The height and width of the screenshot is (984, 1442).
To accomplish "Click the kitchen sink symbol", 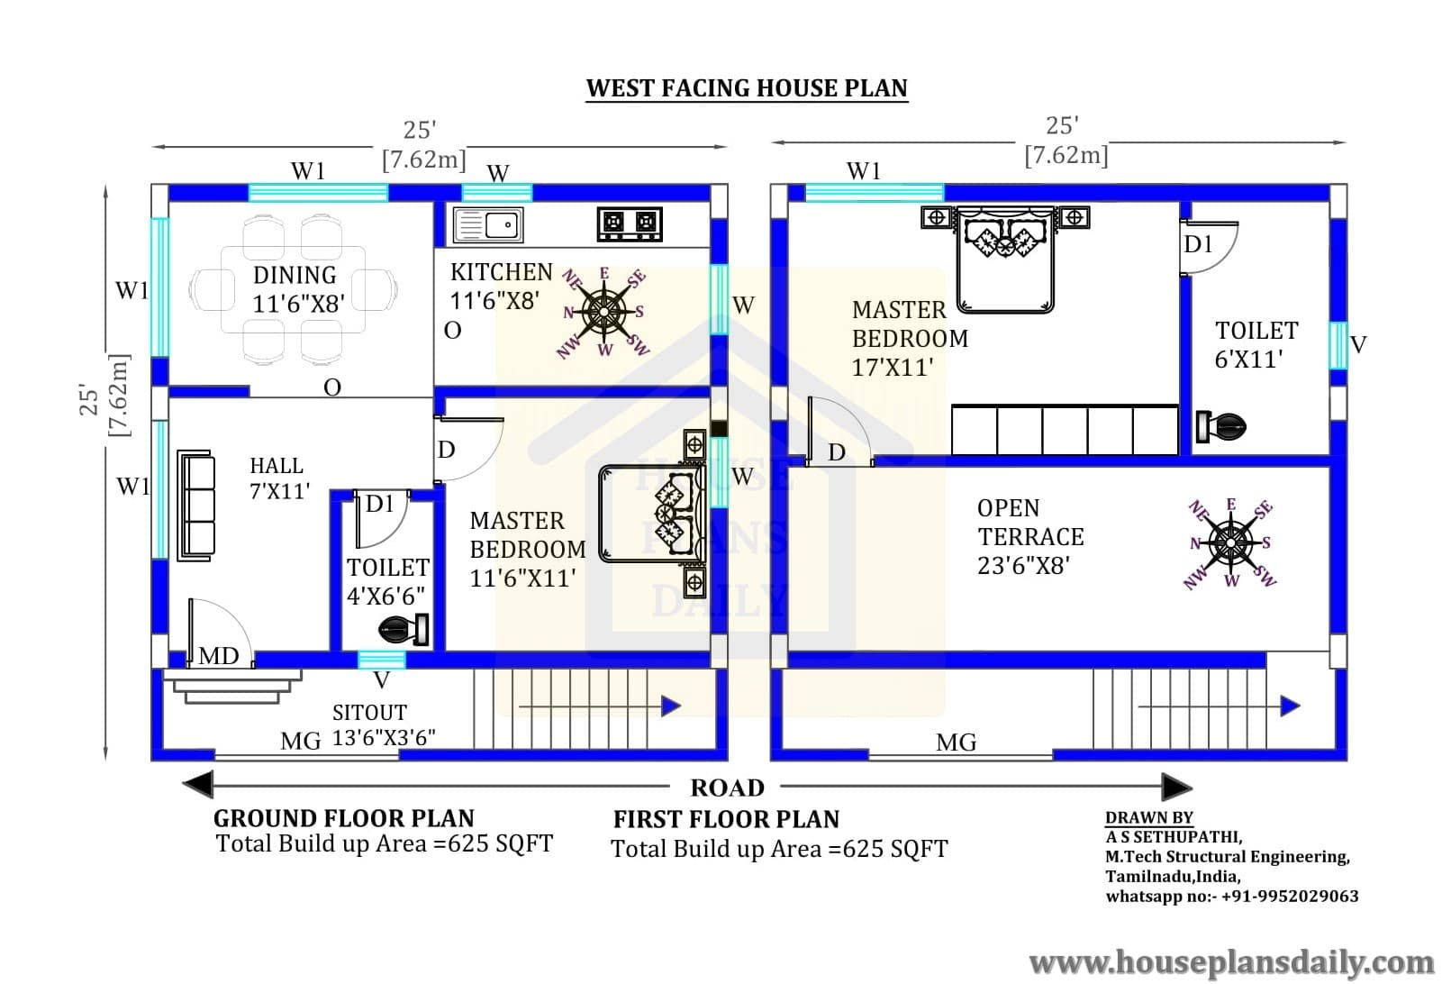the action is [x=488, y=224].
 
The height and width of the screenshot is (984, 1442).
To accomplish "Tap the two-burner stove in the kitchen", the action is [x=629, y=224].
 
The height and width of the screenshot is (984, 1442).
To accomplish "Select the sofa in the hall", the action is [x=196, y=506].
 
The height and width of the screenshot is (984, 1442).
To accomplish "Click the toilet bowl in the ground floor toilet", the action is [x=404, y=629].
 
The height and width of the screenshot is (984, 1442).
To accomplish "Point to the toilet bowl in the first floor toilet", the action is [x=1220, y=426].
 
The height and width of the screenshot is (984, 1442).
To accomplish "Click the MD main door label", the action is [x=218, y=656].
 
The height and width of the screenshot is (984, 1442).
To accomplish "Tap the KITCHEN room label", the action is [x=502, y=272].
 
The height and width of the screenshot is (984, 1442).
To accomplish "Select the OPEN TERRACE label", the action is [x=1030, y=523].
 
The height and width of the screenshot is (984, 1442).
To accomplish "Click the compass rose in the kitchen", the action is [x=603, y=313].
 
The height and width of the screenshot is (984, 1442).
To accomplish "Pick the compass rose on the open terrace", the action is [x=1230, y=543].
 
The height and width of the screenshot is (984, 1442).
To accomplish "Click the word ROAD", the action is [x=728, y=788].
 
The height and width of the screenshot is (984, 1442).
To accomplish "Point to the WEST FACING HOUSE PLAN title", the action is [x=747, y=88].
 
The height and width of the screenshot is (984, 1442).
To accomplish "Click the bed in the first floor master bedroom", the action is [x=1005, y=259].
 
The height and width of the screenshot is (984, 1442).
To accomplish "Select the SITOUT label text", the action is [x=369, y=713].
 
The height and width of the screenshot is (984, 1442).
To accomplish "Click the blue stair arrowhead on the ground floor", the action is [x=671, y=706].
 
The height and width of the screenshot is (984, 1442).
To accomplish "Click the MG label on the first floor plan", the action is [x=956, y=743].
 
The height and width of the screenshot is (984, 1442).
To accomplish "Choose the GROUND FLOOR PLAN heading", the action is [x=344, y=818].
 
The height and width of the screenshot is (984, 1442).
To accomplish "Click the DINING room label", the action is [x=295, y=275].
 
